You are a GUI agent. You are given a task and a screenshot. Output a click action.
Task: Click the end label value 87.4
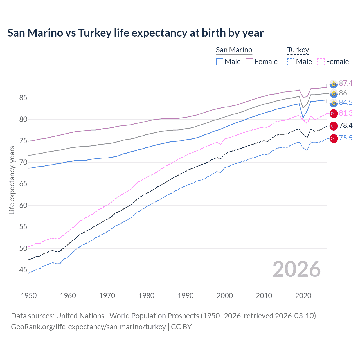coord(346,83)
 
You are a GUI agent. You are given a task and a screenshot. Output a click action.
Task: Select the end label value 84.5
coord(346,102)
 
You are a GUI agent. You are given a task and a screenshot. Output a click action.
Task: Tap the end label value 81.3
coord(346,113)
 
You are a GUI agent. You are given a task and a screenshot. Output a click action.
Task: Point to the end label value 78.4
coord(346,125)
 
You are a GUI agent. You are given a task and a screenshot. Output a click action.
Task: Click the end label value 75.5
coord(346,138)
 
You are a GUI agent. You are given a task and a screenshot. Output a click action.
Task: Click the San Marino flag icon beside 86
coord(334,93)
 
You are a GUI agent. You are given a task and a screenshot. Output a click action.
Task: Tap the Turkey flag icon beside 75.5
coord(334,138)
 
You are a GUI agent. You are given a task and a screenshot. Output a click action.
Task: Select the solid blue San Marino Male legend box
coord(220,62)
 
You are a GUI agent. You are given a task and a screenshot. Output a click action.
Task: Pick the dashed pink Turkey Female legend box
coord(321,62)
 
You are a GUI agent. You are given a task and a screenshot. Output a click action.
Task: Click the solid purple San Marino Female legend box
coord(249,62)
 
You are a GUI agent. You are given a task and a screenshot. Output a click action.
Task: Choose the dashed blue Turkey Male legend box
coord(291,62)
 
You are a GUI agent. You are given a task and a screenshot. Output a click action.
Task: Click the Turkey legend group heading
coord(298,50)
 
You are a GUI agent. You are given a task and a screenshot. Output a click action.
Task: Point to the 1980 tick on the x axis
coord(146,296)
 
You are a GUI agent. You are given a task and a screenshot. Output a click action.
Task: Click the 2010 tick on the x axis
coord(264,296)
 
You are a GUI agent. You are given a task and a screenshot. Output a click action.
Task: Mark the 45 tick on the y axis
coord(23,270)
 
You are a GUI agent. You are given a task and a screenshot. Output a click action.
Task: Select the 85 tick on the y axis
coord(23,98)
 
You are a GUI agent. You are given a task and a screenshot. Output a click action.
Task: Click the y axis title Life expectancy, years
coord(12,180)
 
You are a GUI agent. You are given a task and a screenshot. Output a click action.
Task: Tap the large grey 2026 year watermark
coord(297,269)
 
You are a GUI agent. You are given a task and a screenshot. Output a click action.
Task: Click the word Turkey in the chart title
coord(95,33)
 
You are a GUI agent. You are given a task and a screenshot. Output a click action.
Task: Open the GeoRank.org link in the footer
coord(88,327)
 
